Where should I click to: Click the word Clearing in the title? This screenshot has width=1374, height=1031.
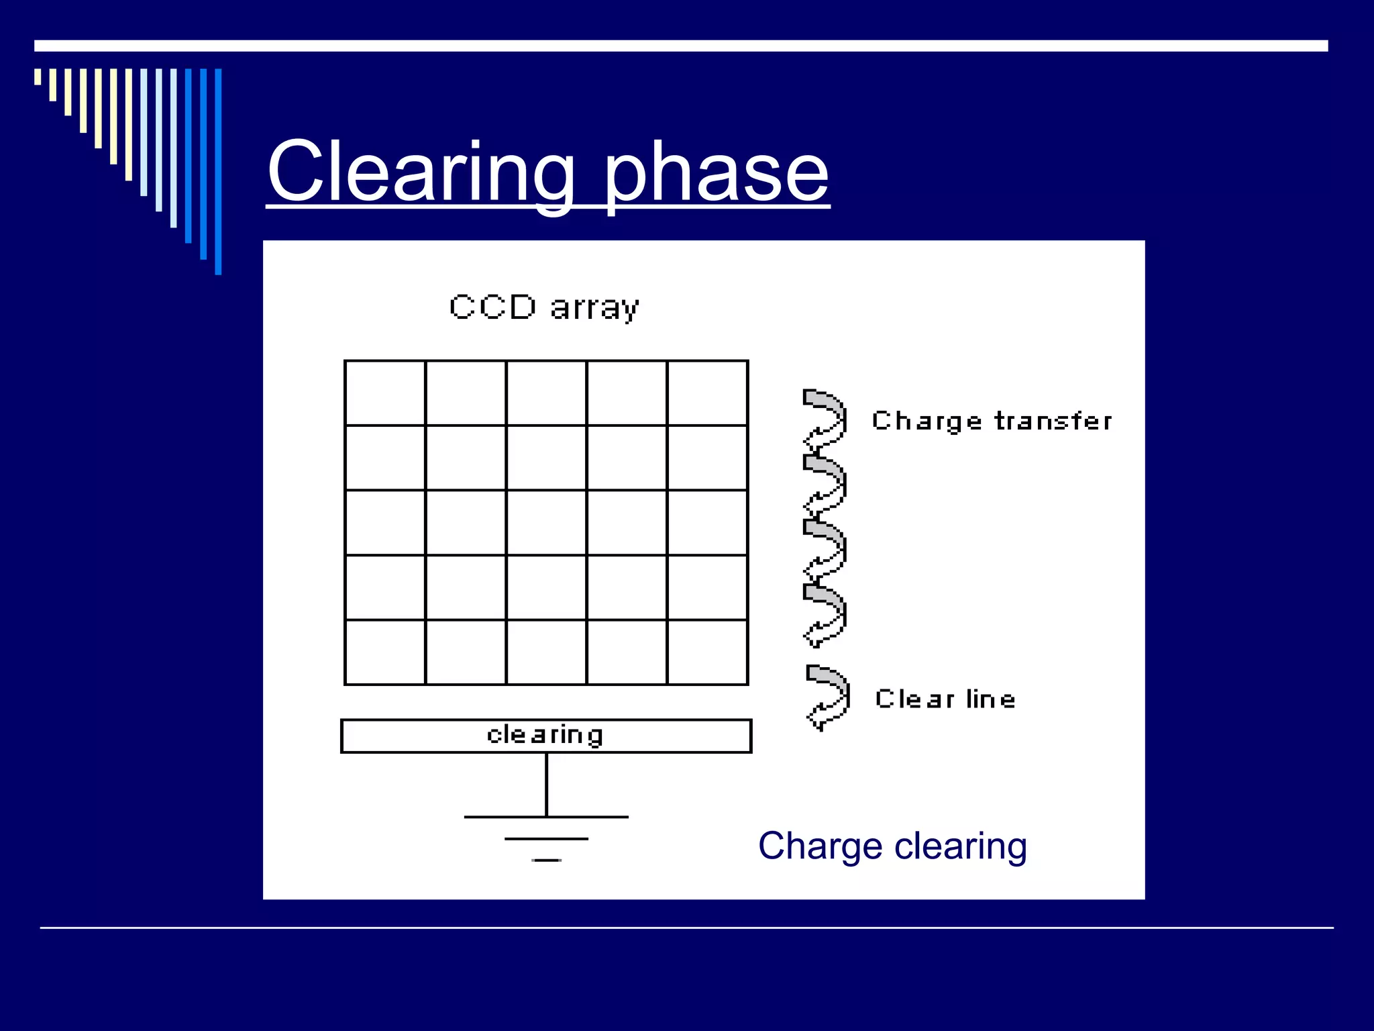coord(421,173)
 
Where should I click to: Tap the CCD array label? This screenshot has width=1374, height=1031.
coord(544,308)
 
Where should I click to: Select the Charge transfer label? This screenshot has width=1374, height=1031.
coord(992,422)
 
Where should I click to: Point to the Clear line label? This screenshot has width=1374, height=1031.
coord(945,699)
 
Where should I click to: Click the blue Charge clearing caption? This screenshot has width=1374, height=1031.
coord(892,846)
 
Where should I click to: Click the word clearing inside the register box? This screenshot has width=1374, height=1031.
coord(545,736)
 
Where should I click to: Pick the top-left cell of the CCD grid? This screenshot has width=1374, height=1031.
coord(385,393)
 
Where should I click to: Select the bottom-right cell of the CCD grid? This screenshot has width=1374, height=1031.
coord(707,652)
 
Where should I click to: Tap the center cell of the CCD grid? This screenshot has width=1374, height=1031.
coord(546,523)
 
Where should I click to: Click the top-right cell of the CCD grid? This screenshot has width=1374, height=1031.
coord(707,393)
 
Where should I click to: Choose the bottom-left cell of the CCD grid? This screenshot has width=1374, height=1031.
coord(385,652)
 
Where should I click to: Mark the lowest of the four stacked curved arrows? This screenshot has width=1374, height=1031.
coord(825,615)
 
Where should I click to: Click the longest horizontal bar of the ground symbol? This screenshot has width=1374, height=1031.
coord(546,817)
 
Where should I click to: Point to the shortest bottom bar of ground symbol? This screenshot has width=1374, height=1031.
coord(546,860)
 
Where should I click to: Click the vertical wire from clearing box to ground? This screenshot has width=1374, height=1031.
coord(546,784)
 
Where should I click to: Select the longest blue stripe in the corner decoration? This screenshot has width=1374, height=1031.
coord(218,171)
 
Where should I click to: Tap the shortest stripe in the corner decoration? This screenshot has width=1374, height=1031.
coord(38,77)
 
